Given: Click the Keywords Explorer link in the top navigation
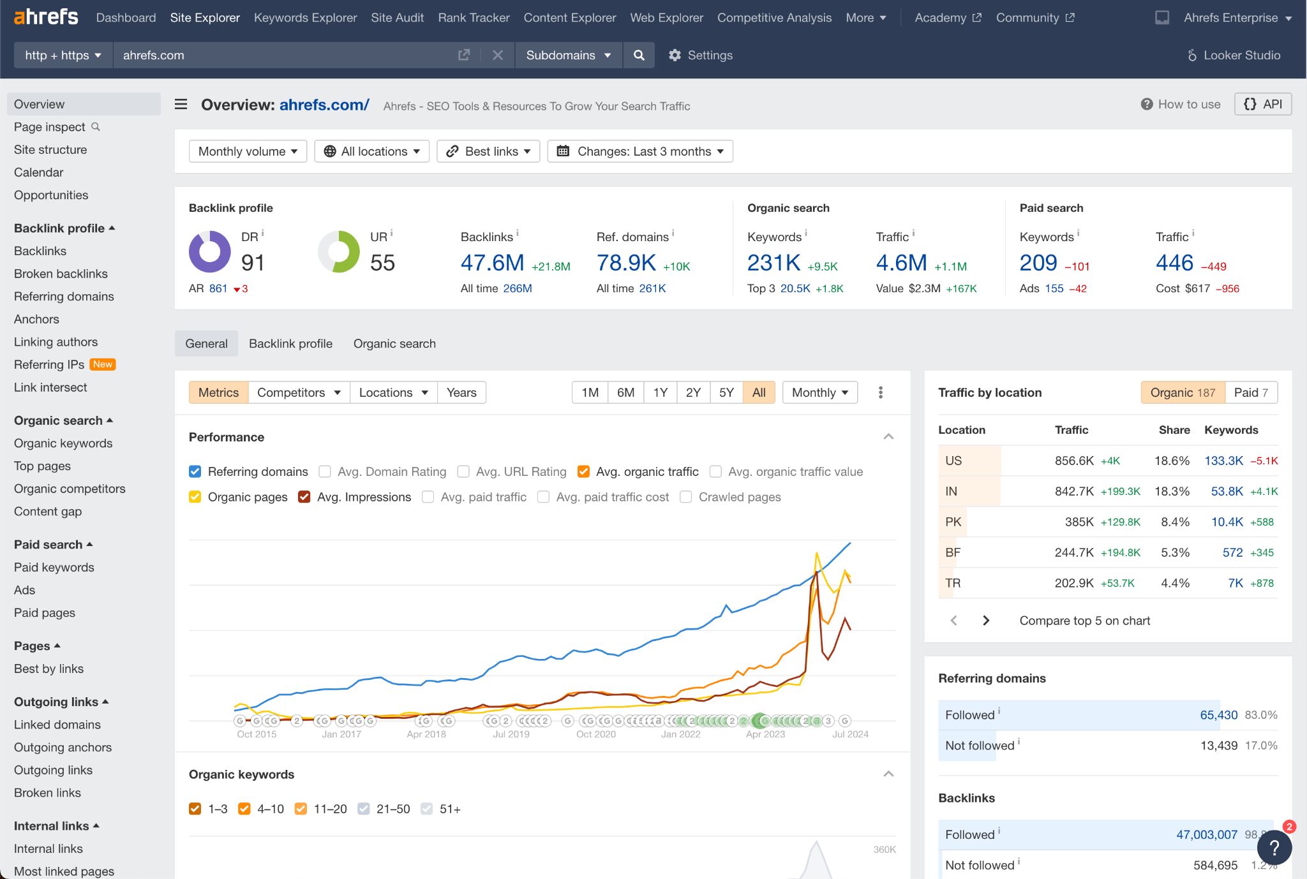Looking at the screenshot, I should [305, 18].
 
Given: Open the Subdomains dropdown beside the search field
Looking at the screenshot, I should [568, 55].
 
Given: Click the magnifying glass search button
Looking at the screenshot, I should [639, 55].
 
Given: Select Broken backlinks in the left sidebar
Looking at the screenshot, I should [61, 274].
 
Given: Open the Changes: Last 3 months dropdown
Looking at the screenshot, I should [640, 151].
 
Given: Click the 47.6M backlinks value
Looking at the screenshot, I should [492, 263].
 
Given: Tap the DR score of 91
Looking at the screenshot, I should [253, 263].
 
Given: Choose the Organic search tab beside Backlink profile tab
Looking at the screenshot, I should [394, 344].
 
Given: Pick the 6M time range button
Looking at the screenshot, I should [625, 393].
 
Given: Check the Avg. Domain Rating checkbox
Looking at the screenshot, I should [325, 472].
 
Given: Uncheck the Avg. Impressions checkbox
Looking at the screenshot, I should [304, 498].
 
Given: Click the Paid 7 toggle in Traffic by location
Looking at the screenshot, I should [1251, 393].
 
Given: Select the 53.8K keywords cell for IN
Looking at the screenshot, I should [1227, 491].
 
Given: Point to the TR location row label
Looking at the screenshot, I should [953, 583].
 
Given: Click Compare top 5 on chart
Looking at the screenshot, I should [1084, 621].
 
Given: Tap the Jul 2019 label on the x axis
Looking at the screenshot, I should [511, 734].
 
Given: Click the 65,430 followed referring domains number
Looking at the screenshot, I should [1218, 715].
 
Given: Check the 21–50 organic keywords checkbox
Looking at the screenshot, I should [364, 809].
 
